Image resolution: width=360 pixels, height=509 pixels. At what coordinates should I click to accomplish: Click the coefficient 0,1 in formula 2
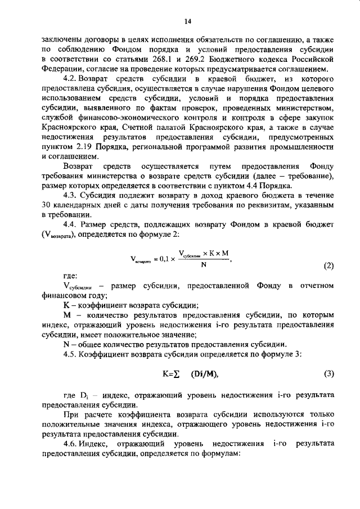tap(164, 259)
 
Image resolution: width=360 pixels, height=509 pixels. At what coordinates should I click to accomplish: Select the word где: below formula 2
tap(71, 276)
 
